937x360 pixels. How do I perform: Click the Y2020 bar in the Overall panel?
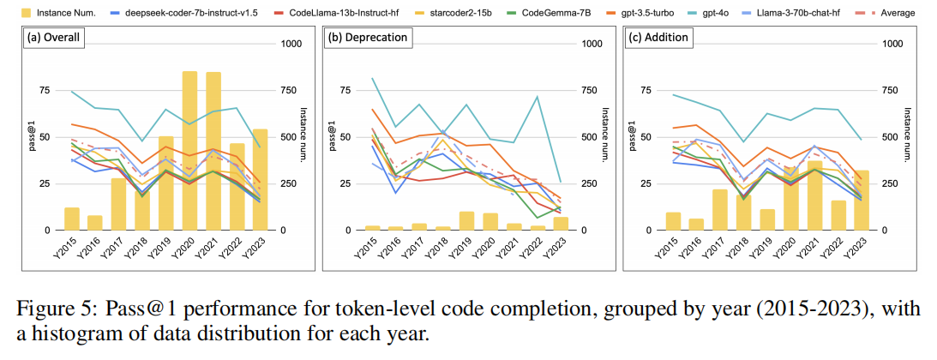(x=189, y=151)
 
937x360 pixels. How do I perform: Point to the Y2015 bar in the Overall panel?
(x=72, y=219)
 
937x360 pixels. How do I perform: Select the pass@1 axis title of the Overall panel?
(x=15, y=136)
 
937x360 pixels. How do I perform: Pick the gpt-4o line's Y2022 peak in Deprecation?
(x=537, y=97)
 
